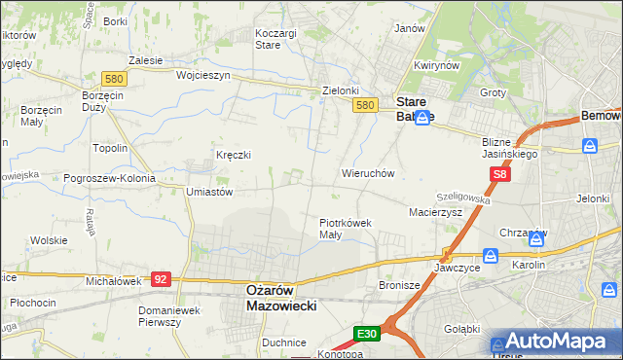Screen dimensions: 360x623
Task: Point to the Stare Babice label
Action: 414,107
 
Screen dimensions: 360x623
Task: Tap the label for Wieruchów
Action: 367,173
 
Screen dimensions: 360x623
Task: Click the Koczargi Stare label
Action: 275,38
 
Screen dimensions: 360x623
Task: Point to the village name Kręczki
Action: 234,155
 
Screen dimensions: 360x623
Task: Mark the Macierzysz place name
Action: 435,210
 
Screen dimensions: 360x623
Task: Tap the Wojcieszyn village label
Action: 202,75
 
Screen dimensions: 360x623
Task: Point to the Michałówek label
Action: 114,280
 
